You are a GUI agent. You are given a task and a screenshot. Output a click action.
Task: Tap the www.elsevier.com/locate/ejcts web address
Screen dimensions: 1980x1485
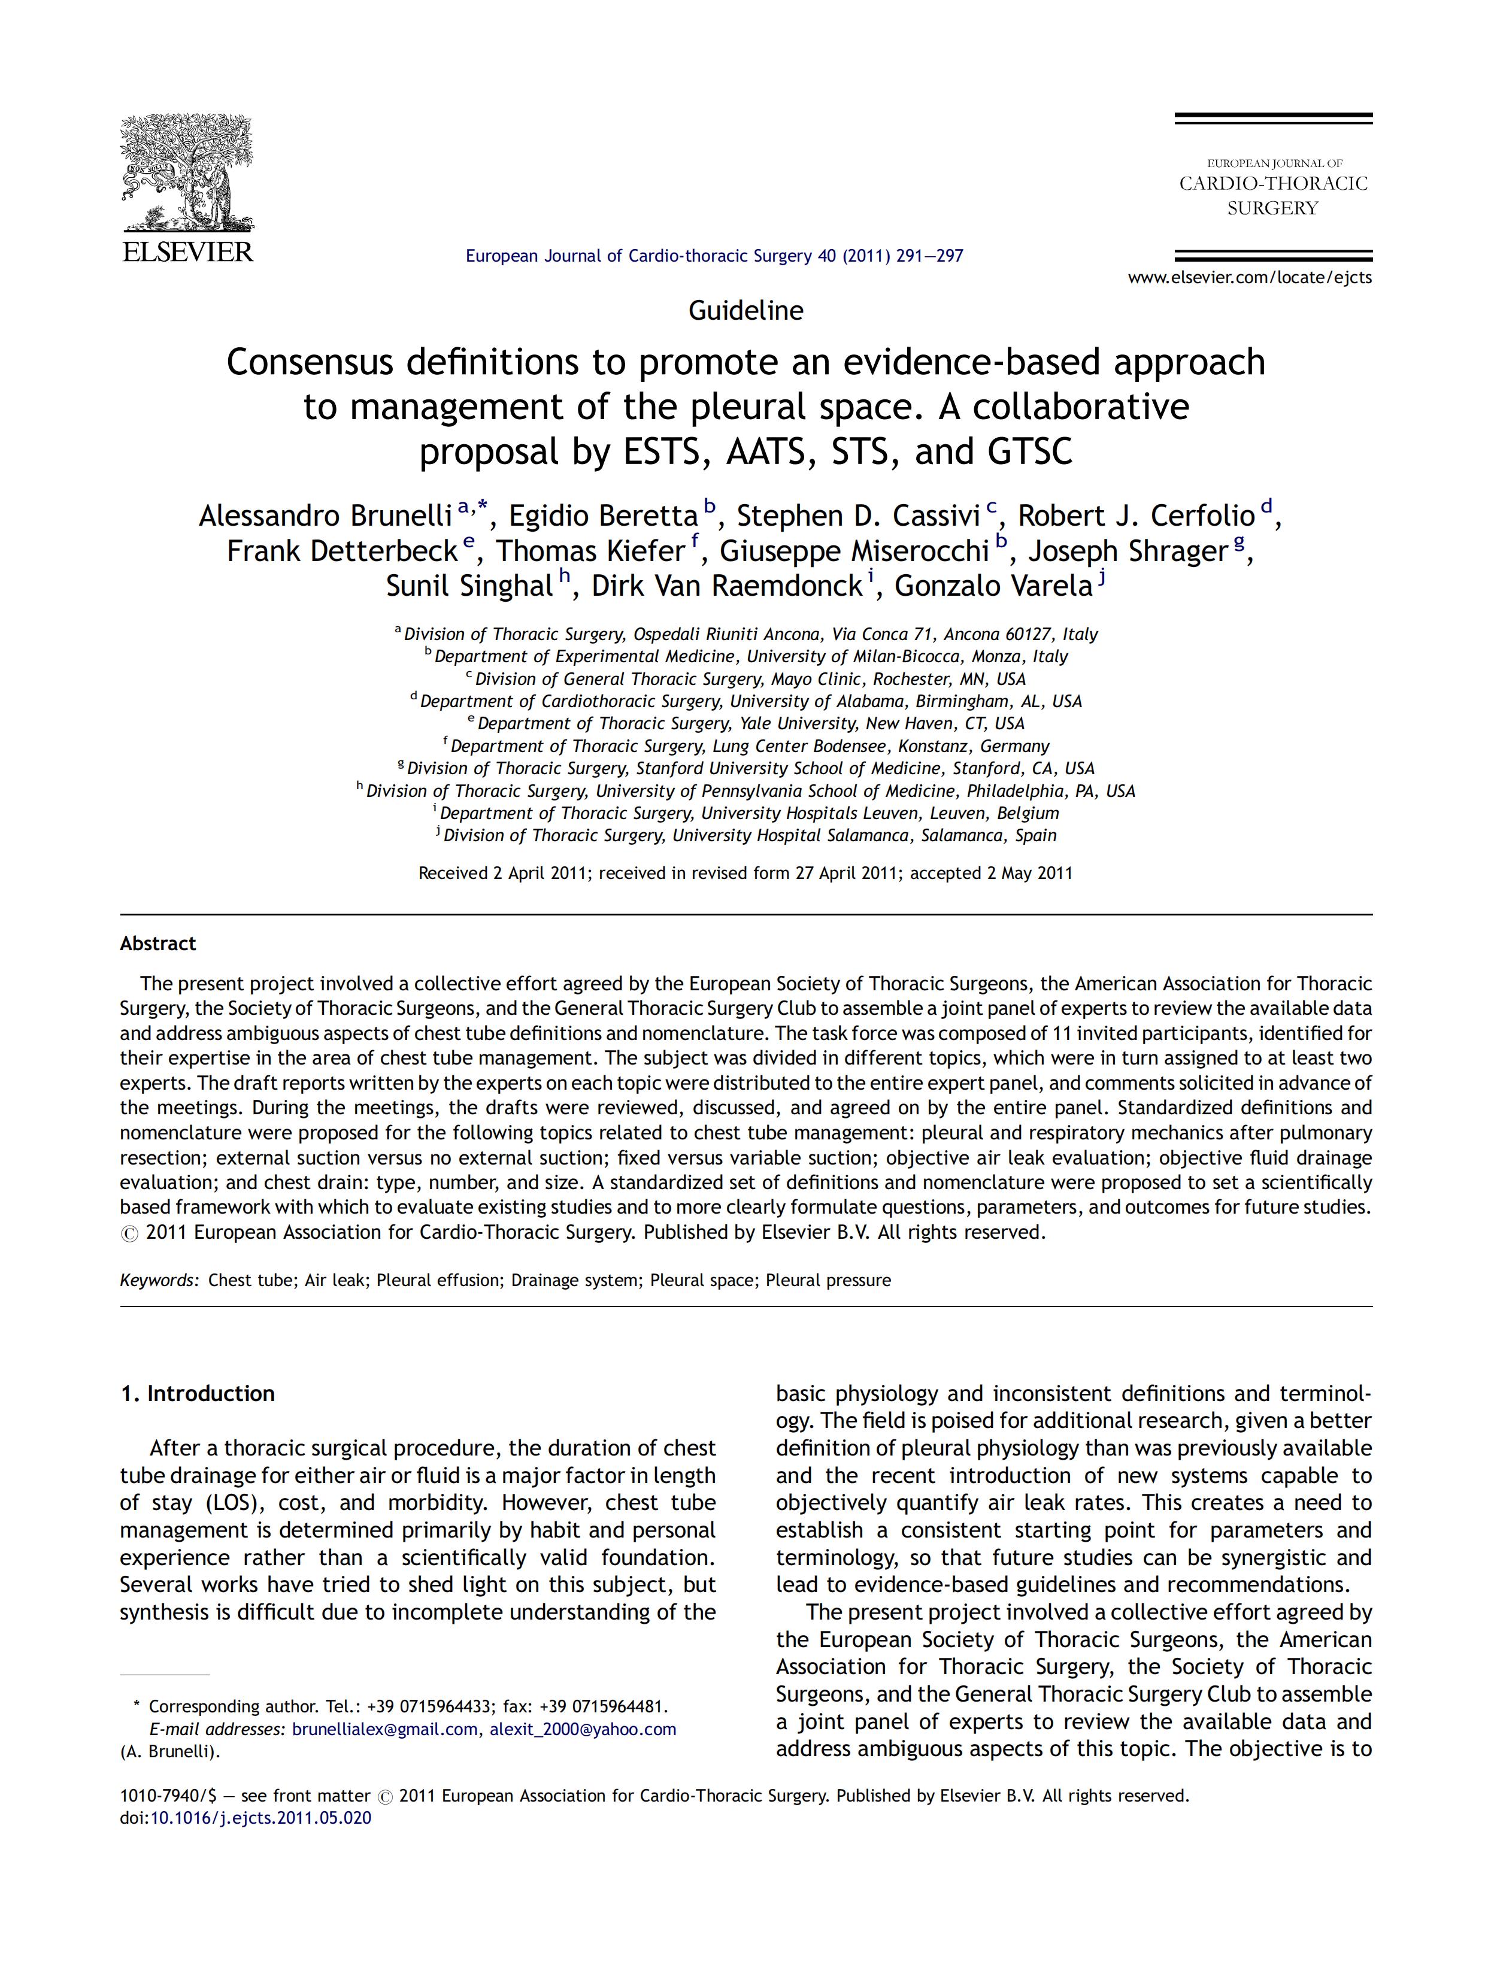[x=1250, y=277]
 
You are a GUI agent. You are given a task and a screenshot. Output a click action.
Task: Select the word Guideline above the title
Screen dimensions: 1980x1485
[x=745, y=311]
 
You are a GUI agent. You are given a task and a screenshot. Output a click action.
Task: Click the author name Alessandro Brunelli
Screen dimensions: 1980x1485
[x=325, y=517]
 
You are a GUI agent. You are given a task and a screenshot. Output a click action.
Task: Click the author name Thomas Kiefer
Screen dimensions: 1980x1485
[x=590, y=551]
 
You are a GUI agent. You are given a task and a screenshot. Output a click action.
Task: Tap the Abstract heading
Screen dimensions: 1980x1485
[x=157, y=944]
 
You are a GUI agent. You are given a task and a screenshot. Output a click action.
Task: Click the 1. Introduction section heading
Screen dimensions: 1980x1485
[x=198, y=1394]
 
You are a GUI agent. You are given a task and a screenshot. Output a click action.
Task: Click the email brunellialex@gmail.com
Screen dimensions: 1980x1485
[x=385, y=1729]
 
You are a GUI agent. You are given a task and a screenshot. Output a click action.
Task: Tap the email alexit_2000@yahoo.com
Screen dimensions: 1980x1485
[x=583, y=1729]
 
